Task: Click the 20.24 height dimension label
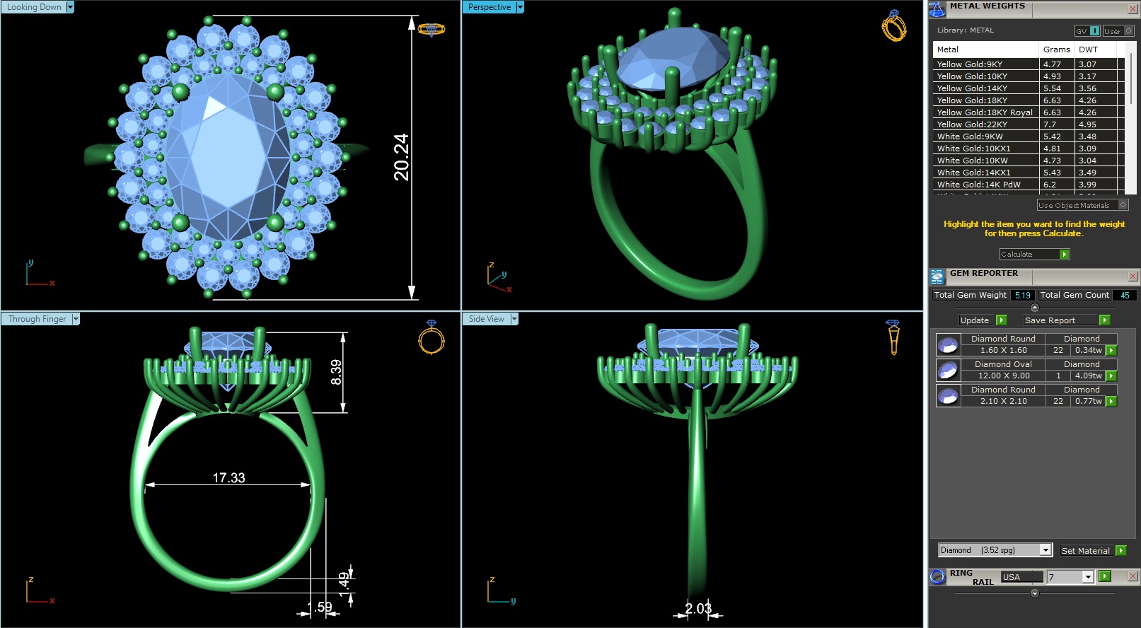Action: (401, 157)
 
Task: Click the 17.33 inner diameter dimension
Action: (228, 478)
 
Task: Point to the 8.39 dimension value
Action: (336, 372)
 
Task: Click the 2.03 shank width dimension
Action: (697, 608)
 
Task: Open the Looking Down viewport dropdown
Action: (70, 7)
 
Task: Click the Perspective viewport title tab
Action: (489, 7)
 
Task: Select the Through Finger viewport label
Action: (37, 319)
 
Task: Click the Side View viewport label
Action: (486, 319)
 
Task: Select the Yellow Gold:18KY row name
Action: (971, 100)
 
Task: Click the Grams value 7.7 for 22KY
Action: (1049, 124)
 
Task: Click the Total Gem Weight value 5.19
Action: (1022, 295)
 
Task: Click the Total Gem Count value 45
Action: (1125, 295)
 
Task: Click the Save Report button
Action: (1050, 320)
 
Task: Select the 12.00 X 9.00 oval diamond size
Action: (1003, 376)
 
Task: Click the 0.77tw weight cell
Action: (1088, 401)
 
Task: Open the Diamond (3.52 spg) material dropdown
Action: (1046, 550)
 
